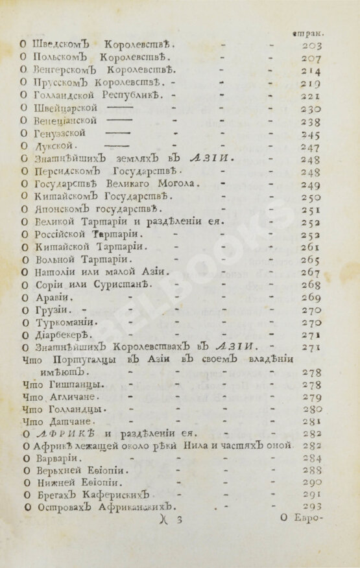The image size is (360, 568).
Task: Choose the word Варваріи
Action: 47,460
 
